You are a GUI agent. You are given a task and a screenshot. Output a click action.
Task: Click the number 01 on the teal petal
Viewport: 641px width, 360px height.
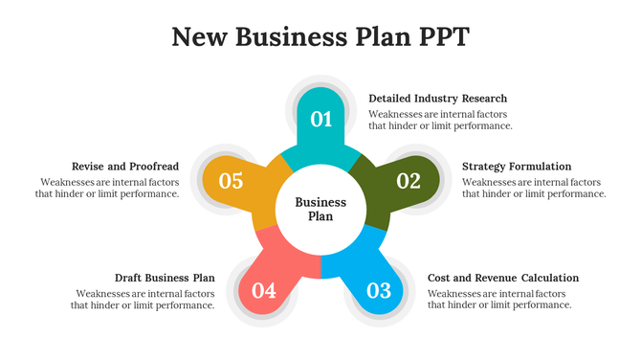click(321, 120)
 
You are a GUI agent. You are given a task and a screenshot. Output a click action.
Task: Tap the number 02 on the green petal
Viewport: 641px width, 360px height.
click(409, 180)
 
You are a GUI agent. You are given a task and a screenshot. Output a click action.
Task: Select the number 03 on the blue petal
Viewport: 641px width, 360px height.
click(379, 290)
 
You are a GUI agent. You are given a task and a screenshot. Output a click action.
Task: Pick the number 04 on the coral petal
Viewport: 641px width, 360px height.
click(264, 290)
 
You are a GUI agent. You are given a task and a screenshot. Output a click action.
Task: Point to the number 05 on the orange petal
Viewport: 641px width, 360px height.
click(232, 180)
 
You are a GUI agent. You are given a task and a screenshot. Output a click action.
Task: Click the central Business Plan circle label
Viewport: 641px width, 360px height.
click(320, 209)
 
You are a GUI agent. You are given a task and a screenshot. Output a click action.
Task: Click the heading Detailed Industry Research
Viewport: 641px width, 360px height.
click(437, 99)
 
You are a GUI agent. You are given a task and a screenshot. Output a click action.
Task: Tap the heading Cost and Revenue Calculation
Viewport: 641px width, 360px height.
click(502, 278)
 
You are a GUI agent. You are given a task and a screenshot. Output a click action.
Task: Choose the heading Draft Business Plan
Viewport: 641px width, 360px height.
click(165, 278)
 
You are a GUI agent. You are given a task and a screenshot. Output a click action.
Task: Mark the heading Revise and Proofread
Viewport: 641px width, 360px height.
click(125, 167)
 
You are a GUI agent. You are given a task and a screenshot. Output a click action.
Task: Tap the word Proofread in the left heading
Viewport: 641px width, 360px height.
click(153, 167)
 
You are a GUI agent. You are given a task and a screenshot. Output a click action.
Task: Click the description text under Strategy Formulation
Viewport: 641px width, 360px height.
click(533, 188)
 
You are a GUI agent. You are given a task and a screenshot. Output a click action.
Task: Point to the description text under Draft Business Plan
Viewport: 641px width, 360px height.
click(143, 299)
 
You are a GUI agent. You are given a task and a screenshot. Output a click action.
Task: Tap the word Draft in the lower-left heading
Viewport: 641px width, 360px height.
click(129, 278)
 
